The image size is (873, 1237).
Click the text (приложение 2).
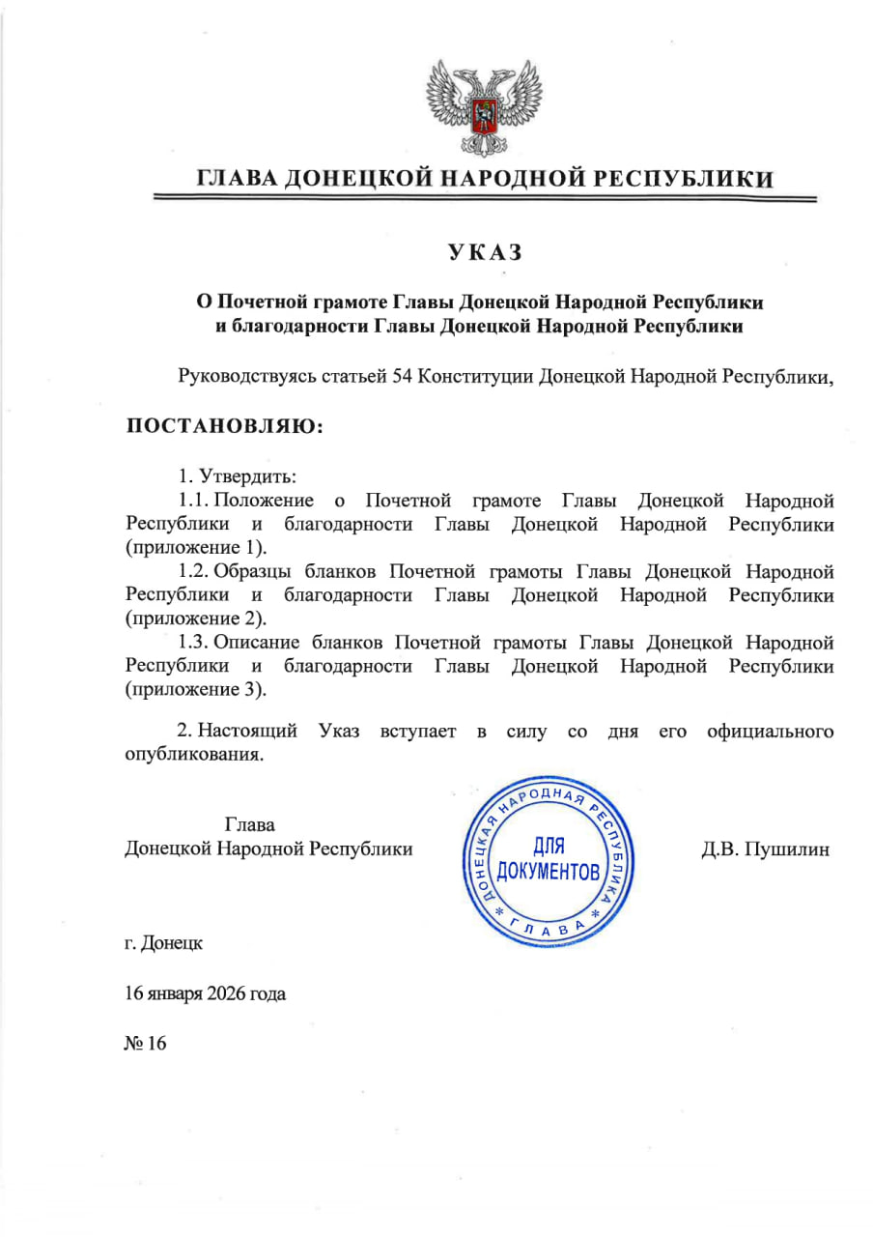pos(194,618)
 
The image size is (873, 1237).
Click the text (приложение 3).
pos(194,690)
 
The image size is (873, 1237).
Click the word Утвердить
pos(248,476)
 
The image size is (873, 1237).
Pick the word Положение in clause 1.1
pos(264,501)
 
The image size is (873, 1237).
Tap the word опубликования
pos(193,756)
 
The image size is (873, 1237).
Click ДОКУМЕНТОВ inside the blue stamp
pos(548,873)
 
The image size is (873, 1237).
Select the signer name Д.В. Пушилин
pos(765,849)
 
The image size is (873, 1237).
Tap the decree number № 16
pos(146,1043)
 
